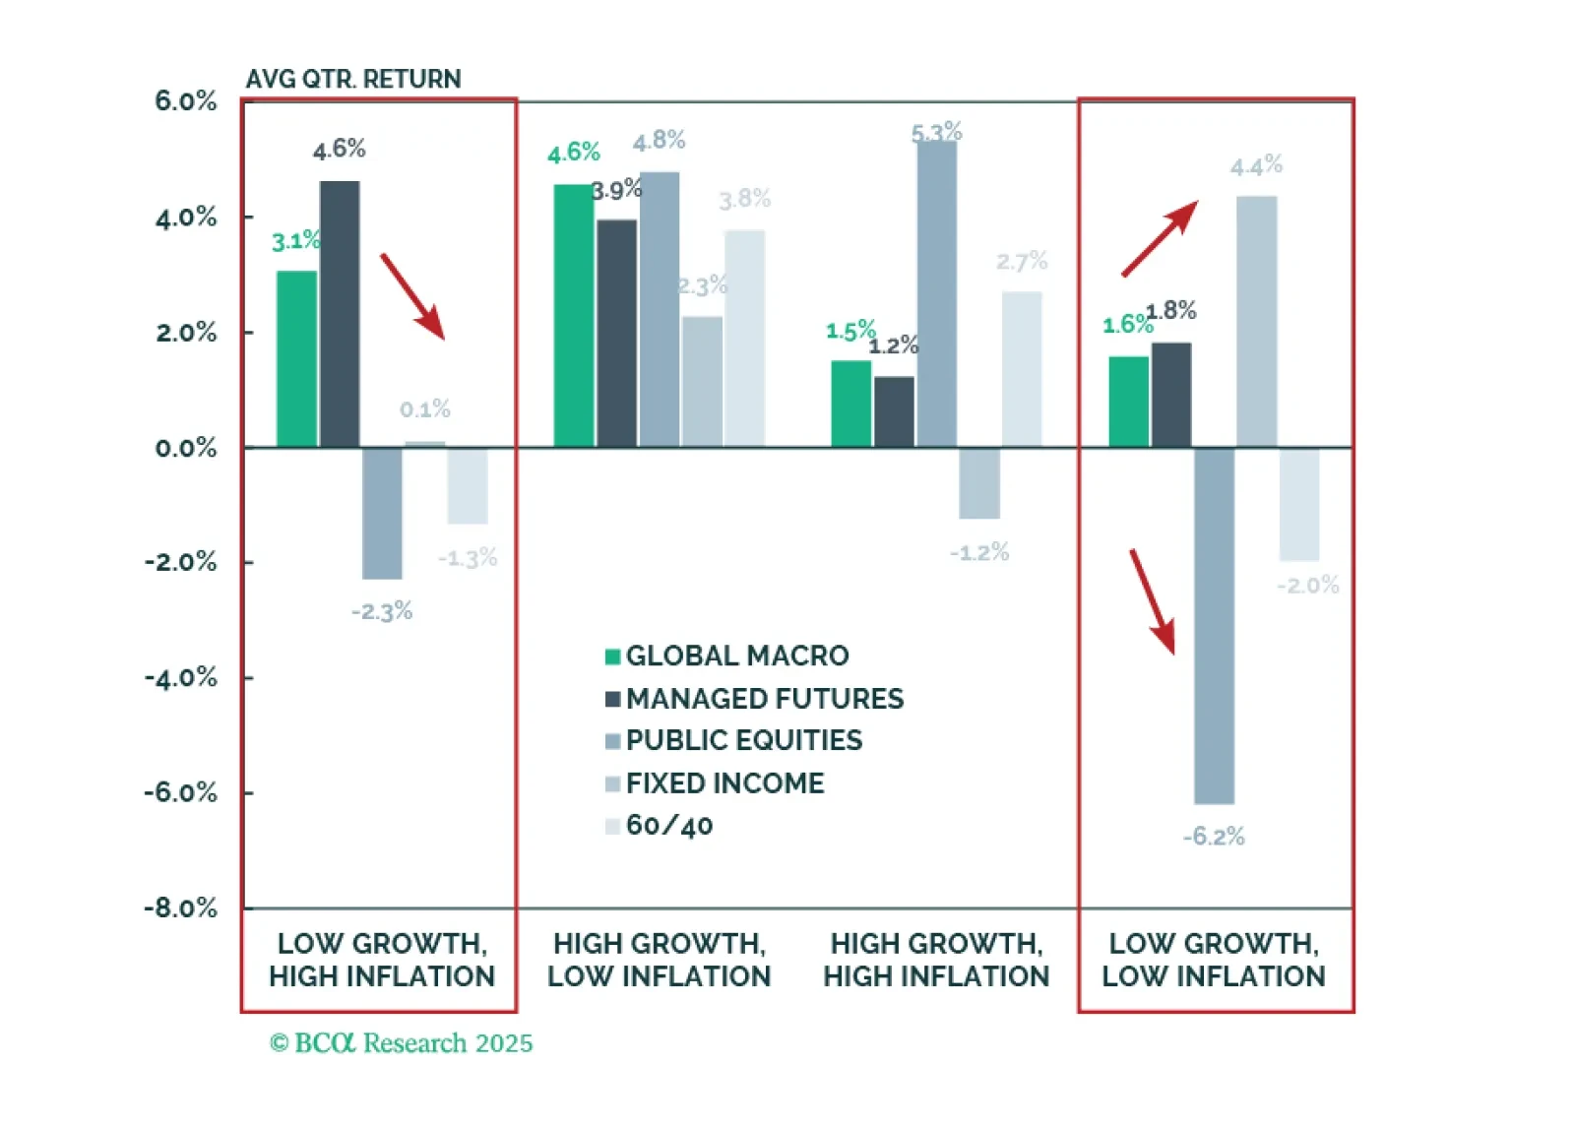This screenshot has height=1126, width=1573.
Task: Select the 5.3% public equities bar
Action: [936, 293]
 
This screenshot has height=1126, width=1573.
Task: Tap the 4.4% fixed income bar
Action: [1256, 321]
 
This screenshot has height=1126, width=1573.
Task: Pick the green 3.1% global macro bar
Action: [296, 358]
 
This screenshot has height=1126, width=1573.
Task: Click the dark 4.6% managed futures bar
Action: [340, 314]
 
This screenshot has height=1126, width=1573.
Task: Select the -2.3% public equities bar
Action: [382, 513]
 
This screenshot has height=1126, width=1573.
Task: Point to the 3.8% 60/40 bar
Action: [745, 338]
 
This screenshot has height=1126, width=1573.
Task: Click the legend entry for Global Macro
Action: [727, 656]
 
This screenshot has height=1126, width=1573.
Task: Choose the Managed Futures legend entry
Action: [754, 699]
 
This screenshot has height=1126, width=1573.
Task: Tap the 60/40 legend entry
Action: [660, 825]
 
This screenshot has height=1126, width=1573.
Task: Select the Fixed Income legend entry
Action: [716, 783]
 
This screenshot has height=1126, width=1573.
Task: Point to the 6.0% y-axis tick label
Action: [185, 101]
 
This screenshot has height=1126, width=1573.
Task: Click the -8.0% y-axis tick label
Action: [180, 907]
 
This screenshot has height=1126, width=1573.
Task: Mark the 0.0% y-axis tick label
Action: [185, 449]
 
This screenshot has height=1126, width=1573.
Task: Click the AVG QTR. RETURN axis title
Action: [352, 79]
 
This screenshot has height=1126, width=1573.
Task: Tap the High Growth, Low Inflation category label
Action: [659, 960]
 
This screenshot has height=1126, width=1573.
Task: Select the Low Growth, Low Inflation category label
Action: [1214, 960]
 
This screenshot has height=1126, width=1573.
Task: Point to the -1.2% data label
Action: [978, 552]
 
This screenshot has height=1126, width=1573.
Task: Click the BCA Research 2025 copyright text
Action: [401, 1043]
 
